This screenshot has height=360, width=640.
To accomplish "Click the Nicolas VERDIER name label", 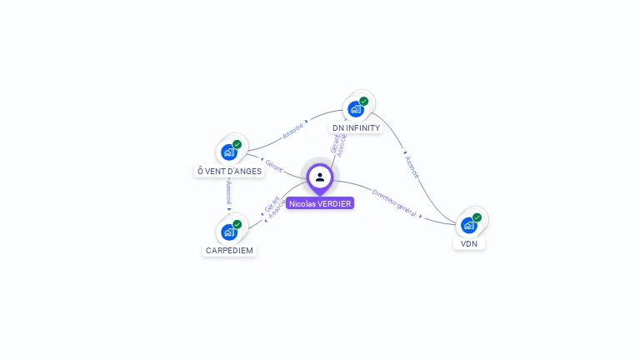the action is point(320,203).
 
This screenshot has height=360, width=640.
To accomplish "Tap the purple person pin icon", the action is point(320,177).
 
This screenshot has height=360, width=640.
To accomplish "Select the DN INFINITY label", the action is point(356,128).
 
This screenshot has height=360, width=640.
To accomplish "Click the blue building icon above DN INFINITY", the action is point(356,108).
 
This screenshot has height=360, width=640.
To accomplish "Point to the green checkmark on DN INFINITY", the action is point(364,101).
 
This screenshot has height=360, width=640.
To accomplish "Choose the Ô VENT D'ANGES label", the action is point(229,171).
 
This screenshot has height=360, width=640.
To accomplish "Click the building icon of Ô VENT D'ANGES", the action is point(229,152).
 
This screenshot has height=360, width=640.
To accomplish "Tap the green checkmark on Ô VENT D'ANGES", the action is point(237,144).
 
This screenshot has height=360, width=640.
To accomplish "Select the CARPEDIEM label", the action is point(229,250).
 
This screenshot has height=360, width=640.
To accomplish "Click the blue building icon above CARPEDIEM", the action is point(229,232).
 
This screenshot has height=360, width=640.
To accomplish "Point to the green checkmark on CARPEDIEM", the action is point(237,223).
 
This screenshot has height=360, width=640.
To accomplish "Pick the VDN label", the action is point(469,244).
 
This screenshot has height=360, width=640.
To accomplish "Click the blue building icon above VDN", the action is point(469,225).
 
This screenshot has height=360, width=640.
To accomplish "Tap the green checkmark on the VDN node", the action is point(477,217).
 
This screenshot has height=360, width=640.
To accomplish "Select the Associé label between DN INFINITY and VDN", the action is point(412,167).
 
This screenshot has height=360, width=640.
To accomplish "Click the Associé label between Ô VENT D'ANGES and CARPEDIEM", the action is point(228,192).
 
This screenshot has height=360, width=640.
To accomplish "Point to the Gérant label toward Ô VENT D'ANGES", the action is point(274,165).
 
